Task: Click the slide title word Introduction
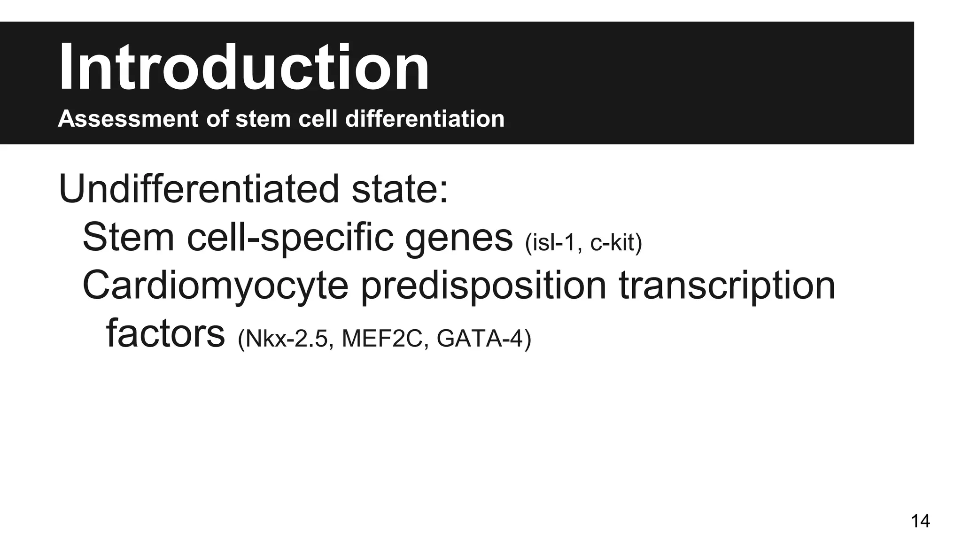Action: pyautogui.click(x=243, y=67)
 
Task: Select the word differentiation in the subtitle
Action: pyautogui.click(x=425, y=118)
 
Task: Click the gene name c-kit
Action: pyautogui.click(x=615, y=242)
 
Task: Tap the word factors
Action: pyautogui.click(x=165, y=334)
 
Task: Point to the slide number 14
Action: pyautogui.click(x=920, y=521)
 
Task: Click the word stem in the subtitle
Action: pyautogui.click(x=263, y=118)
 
